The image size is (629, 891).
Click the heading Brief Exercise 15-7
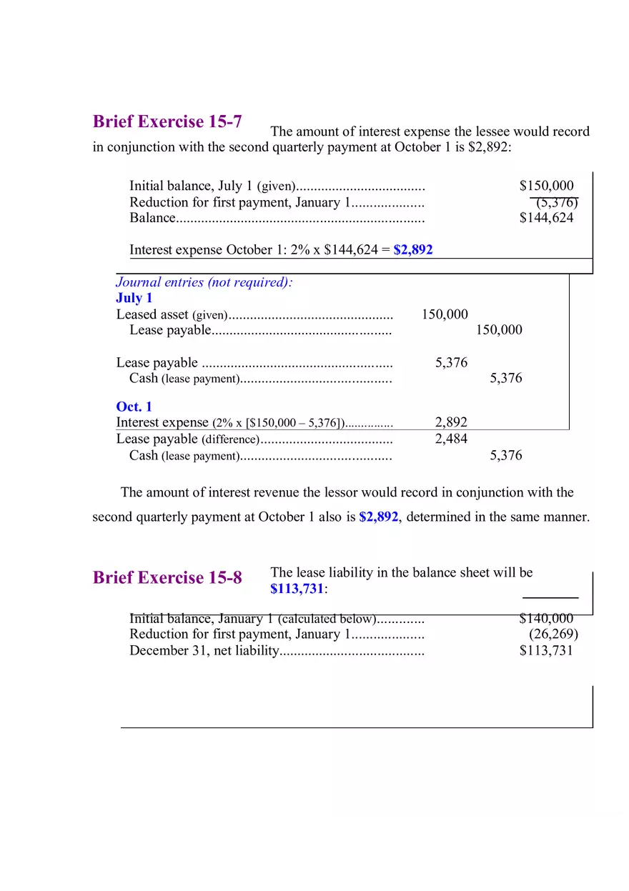167,121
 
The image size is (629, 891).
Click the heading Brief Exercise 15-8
167,577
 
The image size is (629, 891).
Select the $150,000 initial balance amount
546,186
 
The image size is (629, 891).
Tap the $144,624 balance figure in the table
546,218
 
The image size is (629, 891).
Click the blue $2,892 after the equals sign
413,250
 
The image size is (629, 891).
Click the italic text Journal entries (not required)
204,282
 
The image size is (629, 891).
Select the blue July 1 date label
134,298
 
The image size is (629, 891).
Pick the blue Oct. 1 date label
134,407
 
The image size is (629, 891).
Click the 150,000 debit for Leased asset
445,314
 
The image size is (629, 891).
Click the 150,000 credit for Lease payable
499,330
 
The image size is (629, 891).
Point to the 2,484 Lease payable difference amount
451,439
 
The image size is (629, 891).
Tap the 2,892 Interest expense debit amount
451,422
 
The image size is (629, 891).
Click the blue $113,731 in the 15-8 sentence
297,589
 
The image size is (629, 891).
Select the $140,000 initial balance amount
546,619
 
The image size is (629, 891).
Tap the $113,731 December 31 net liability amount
546,650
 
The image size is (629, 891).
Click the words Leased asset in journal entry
152,314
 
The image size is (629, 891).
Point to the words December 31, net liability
203,650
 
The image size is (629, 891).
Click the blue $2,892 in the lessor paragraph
378,517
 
